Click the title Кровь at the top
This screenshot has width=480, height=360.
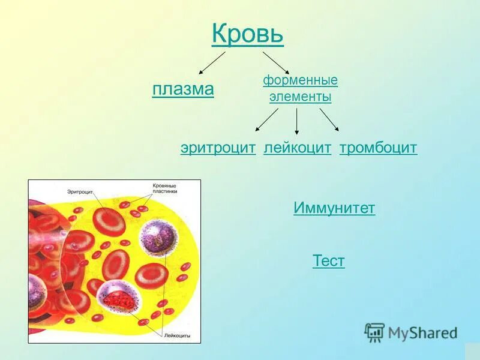click(247, 34)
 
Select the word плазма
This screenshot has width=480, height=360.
click(183, 89)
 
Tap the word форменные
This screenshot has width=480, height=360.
click(300, 80)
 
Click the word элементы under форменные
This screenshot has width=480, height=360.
click(300, 96)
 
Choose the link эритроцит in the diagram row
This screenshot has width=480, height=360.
click(218, 148)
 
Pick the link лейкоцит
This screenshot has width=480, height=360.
click(297, 148)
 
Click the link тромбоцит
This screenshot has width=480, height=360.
click(378, 148)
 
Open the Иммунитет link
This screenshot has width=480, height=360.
click(334, 208)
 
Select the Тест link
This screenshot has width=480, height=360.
click(329, 261)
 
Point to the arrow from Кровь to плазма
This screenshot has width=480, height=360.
click(212, 62)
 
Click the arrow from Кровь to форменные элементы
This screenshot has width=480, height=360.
click(276, 62)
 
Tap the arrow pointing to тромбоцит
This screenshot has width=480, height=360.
click(329, 119)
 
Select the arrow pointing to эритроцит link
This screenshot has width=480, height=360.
click(266, 119)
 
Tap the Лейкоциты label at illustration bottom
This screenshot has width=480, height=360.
click(177, 337)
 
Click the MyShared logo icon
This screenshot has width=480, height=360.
click(374, 332)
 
